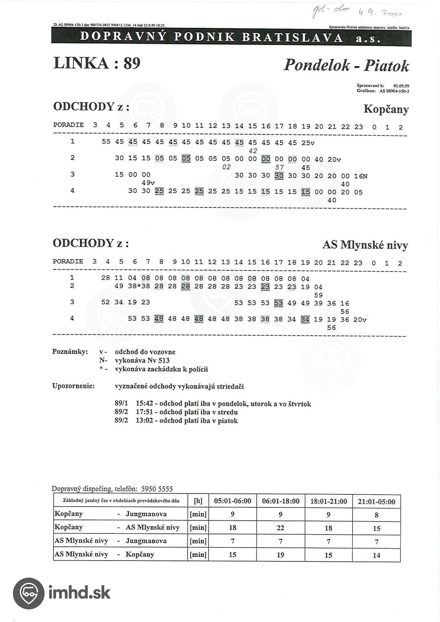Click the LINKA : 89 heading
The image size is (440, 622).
pos(97,63)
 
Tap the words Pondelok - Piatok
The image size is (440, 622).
pos(346,65)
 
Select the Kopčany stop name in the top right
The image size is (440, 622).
pos(386,109)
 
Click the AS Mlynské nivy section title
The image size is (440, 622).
pos(365,245)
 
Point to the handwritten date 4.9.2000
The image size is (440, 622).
pos(379,13)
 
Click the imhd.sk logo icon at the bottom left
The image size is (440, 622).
pos(28,593)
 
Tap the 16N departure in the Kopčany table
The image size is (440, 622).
pos(361,176)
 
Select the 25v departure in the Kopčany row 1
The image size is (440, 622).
pos(308,143)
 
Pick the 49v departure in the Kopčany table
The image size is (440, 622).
pos(148,183)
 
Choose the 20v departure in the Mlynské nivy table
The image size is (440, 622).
pos(360,320)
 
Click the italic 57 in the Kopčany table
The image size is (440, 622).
pos(279,167)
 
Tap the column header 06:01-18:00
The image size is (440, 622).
pos(280,501)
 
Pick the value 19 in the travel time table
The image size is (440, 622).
pos(280,555)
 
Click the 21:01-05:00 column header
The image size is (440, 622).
pos(376,502)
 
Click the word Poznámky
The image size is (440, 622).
pos(70,352)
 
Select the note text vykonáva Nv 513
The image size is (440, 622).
pos(142,361)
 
